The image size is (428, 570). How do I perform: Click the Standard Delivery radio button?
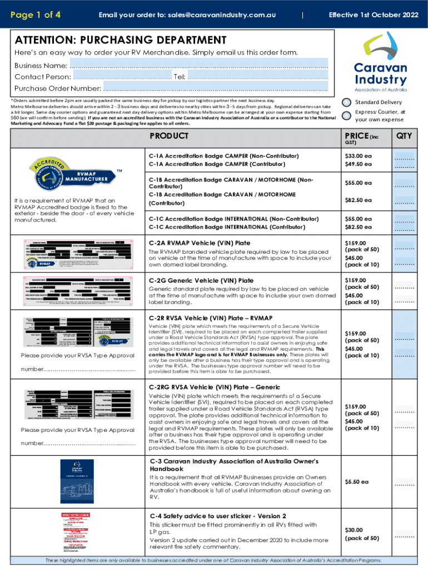(346, 102)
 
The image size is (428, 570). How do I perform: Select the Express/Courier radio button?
(346, 115)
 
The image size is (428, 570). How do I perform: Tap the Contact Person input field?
(122, 76)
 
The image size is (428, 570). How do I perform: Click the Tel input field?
(257, 76)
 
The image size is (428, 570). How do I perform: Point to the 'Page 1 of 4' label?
(36, 15)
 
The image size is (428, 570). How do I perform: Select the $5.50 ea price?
(356, 481)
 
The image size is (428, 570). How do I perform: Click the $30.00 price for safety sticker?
(355, 529)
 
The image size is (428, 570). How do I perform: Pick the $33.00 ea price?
(357, 156)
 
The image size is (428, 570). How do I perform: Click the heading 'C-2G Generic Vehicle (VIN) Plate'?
(200, 281)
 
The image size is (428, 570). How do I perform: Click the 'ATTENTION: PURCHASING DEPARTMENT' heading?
(121, 40)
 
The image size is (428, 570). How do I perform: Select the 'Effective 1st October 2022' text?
(374, 15)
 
